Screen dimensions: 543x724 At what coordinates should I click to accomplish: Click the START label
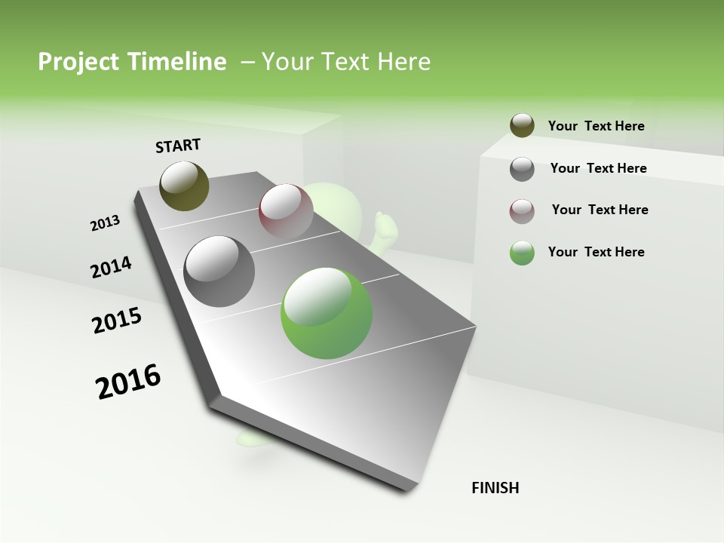tap(178, 146)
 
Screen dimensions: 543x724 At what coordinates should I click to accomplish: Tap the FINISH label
tap(495, 488)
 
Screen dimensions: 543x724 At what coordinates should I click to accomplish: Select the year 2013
tap(105, 223)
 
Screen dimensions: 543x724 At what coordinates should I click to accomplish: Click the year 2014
tap(111, 268)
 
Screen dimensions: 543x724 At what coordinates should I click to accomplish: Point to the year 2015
tap(117, 321)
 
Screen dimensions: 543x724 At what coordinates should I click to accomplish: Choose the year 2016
tap(128, 381)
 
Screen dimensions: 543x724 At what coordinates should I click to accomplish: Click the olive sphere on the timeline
tap(184, 186)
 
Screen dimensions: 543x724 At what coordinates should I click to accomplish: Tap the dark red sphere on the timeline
tap(286, 210)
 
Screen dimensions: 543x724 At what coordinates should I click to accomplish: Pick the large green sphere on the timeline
tap(327, 313)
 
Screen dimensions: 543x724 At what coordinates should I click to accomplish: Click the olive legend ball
tap(522, 126)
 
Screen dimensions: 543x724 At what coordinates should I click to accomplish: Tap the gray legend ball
tap(522, 169)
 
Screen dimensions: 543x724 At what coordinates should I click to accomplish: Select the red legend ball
tap(522, 211)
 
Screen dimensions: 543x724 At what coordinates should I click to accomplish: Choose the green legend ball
tap(522, 253)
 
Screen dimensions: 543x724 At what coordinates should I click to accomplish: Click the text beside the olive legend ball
tap(596, 127)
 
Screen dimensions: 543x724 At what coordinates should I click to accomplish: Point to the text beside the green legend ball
tap(596, 252)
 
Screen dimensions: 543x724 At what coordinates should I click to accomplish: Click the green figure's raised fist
tap(384, 223)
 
